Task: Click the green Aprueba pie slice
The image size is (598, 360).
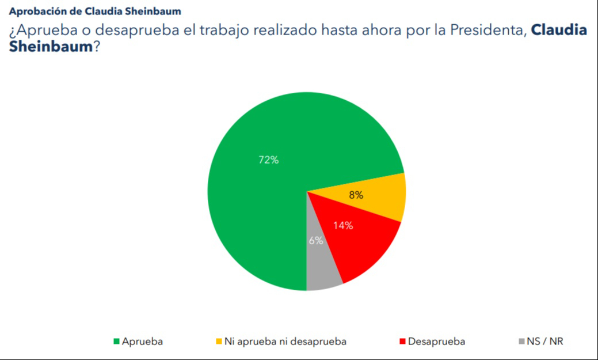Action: tap(259, 202)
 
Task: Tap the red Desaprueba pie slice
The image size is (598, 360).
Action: tap(357, 242)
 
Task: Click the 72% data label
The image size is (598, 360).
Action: tap(268, 160)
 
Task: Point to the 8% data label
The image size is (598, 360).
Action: tap(356, 195)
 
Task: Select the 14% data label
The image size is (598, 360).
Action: tap(343, 225)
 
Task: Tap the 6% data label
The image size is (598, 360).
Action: tap(315, 241)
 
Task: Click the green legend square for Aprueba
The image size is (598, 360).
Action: tap(116, 342)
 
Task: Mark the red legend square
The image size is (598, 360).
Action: tap(402, 342)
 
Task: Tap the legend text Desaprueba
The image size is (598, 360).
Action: tap(436, 342)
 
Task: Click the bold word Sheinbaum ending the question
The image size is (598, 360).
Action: tap(51, 47)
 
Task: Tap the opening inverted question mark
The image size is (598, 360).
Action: tap(12, 32)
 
